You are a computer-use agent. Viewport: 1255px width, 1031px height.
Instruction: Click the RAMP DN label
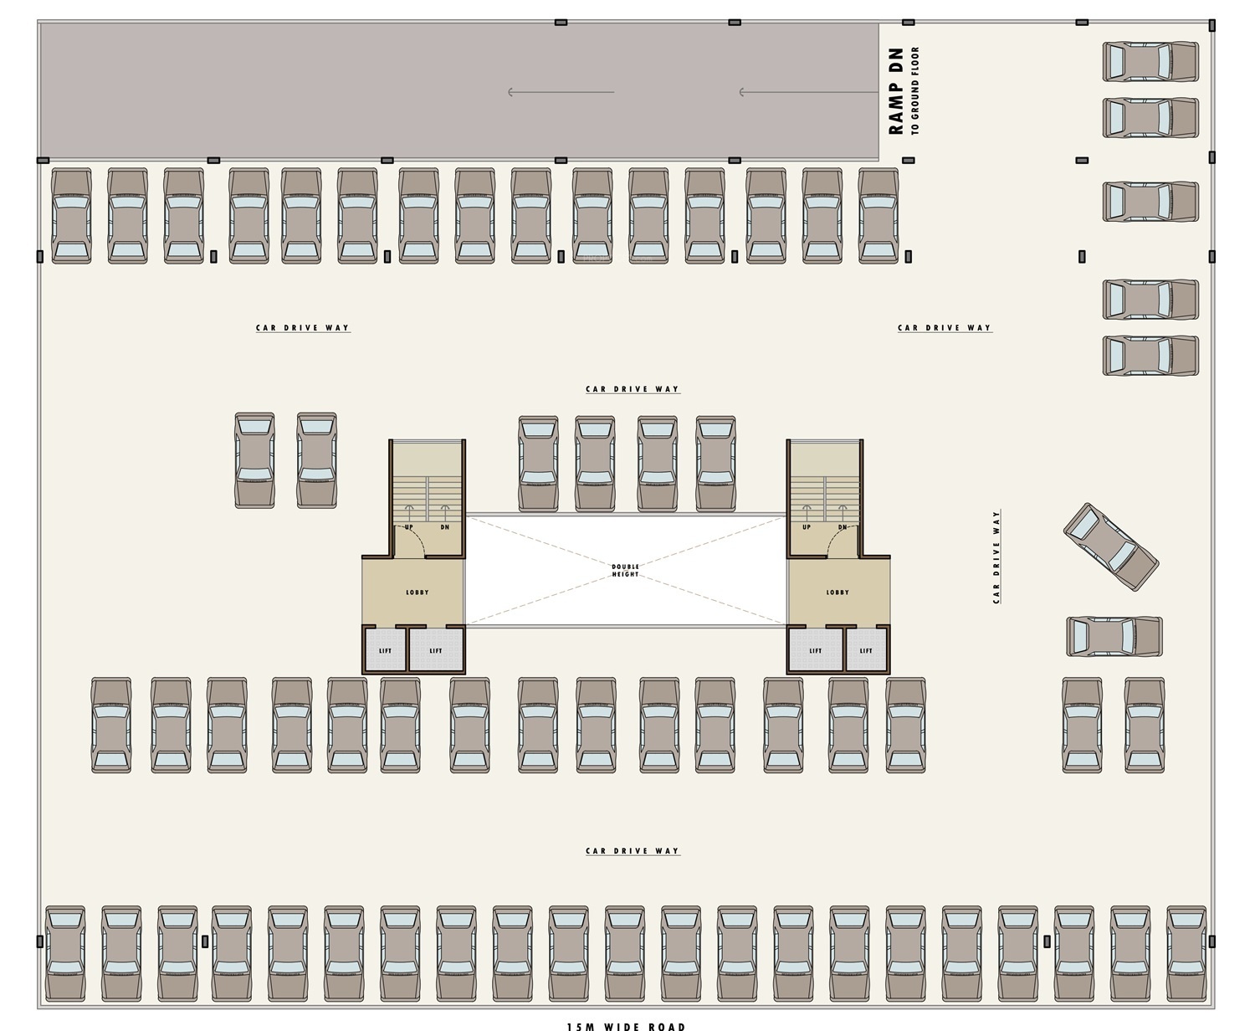pos(896,91)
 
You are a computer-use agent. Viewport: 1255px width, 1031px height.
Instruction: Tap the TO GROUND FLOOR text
pos(915,91)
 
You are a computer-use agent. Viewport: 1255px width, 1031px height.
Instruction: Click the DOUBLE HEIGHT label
pos(625,570)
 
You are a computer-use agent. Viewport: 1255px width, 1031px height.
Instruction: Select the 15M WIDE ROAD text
pos(626,1026)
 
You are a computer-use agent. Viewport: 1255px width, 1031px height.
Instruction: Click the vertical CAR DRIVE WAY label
pos(996,557)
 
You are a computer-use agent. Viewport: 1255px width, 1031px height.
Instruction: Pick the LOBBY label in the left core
pos(417,592)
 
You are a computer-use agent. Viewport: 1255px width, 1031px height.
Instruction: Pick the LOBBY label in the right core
pos(838,592)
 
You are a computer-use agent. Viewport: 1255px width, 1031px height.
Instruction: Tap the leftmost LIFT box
pos(385,650)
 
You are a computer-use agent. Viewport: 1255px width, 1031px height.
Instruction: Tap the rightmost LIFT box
pos(866,650)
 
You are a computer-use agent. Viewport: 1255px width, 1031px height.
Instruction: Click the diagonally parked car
pos(1110,546)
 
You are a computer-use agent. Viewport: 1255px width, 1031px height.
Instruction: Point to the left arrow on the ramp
pos(561,92)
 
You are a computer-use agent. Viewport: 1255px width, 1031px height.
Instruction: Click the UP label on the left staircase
pos(409,527)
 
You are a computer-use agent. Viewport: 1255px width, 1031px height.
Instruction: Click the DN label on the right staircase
pos(843,527)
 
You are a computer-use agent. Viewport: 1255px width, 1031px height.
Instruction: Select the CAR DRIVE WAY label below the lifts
pos(633,851)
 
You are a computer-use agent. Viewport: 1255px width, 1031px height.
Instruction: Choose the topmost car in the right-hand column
pos(1150,62)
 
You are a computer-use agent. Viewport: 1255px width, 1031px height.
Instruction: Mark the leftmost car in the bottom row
pos(65,953)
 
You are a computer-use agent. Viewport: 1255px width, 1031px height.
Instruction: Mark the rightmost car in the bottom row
pos(1186,953)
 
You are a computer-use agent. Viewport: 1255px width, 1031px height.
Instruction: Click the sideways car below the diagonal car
pos(1114,636)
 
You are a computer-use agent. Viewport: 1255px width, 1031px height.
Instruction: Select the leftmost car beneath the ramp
pos(71,216)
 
